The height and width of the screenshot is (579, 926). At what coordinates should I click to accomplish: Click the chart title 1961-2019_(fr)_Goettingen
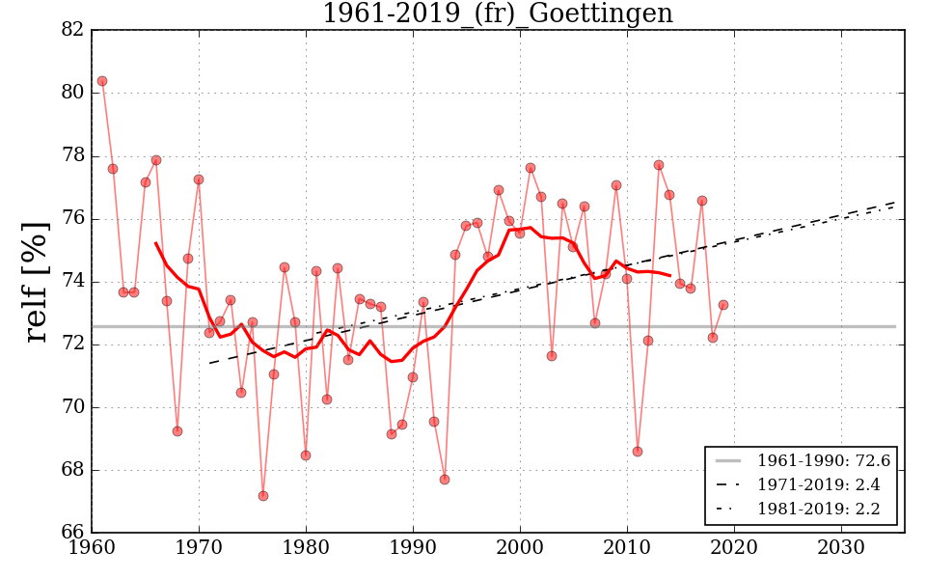497,14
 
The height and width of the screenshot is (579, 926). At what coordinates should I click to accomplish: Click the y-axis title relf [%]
36,281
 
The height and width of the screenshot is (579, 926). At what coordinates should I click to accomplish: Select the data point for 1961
102,81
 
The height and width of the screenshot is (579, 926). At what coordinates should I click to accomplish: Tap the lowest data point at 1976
262,496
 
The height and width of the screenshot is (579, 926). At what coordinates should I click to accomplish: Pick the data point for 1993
445,480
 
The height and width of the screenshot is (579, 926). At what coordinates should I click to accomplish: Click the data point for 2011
638,452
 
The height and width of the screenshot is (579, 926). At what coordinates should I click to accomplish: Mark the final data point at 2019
722,305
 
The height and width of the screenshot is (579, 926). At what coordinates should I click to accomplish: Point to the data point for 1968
177,431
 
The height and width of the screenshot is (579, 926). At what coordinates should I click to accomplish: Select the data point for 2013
659,165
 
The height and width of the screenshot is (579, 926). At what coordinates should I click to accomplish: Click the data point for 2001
531,168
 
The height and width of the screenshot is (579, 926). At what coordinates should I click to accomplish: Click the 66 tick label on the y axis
72,533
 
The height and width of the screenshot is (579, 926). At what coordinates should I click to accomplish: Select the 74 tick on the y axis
72,282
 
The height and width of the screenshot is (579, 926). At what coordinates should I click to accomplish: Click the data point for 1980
306,455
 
